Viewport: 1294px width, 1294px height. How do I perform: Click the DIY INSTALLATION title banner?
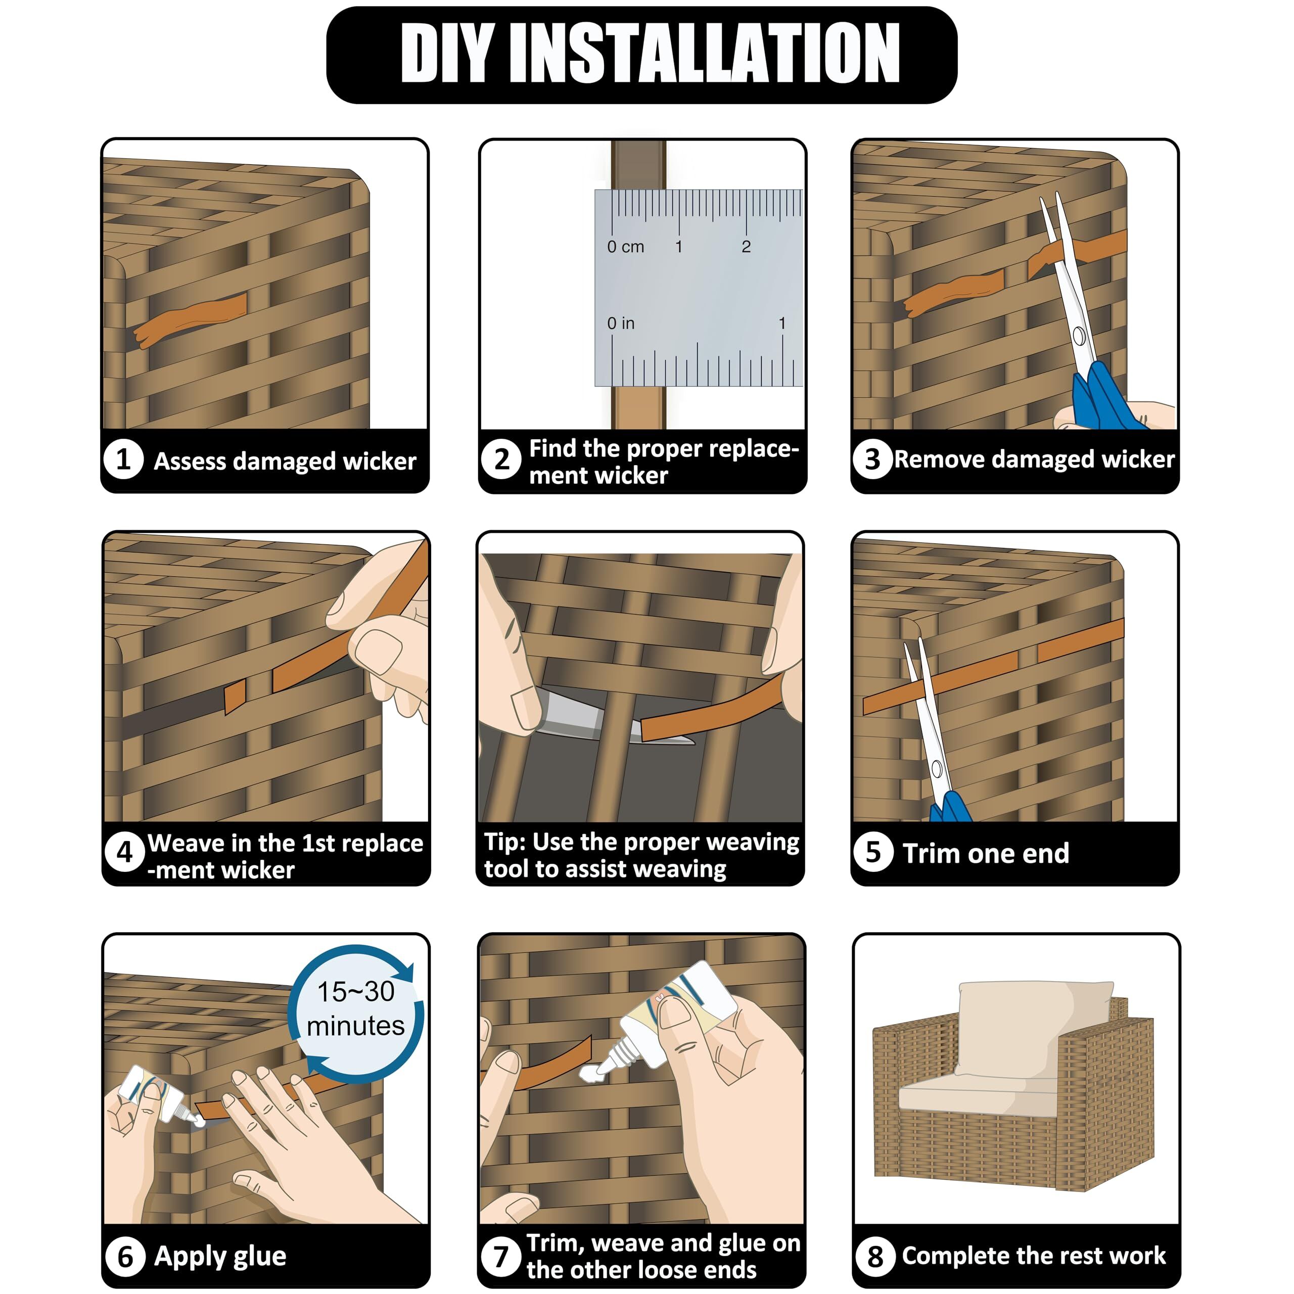click(641, 55)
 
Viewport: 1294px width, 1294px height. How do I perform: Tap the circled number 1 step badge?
click(124, 459)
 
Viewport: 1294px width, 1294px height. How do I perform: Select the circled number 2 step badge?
click(501, 459)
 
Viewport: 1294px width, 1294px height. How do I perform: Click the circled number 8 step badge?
click(875, 1257)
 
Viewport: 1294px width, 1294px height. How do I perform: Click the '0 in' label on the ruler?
click(621, 323)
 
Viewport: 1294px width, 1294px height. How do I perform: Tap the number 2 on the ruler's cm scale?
click(746, 247)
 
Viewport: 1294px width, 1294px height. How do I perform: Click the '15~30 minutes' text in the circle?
click(356, 1009)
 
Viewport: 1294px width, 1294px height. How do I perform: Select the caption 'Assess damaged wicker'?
click(285, 461)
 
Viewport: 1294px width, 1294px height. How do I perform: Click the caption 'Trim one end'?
click(986, 853)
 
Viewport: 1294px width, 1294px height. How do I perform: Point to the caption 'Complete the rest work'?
click(1034, 1255)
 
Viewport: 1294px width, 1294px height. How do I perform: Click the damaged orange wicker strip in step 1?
click(191, 319)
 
